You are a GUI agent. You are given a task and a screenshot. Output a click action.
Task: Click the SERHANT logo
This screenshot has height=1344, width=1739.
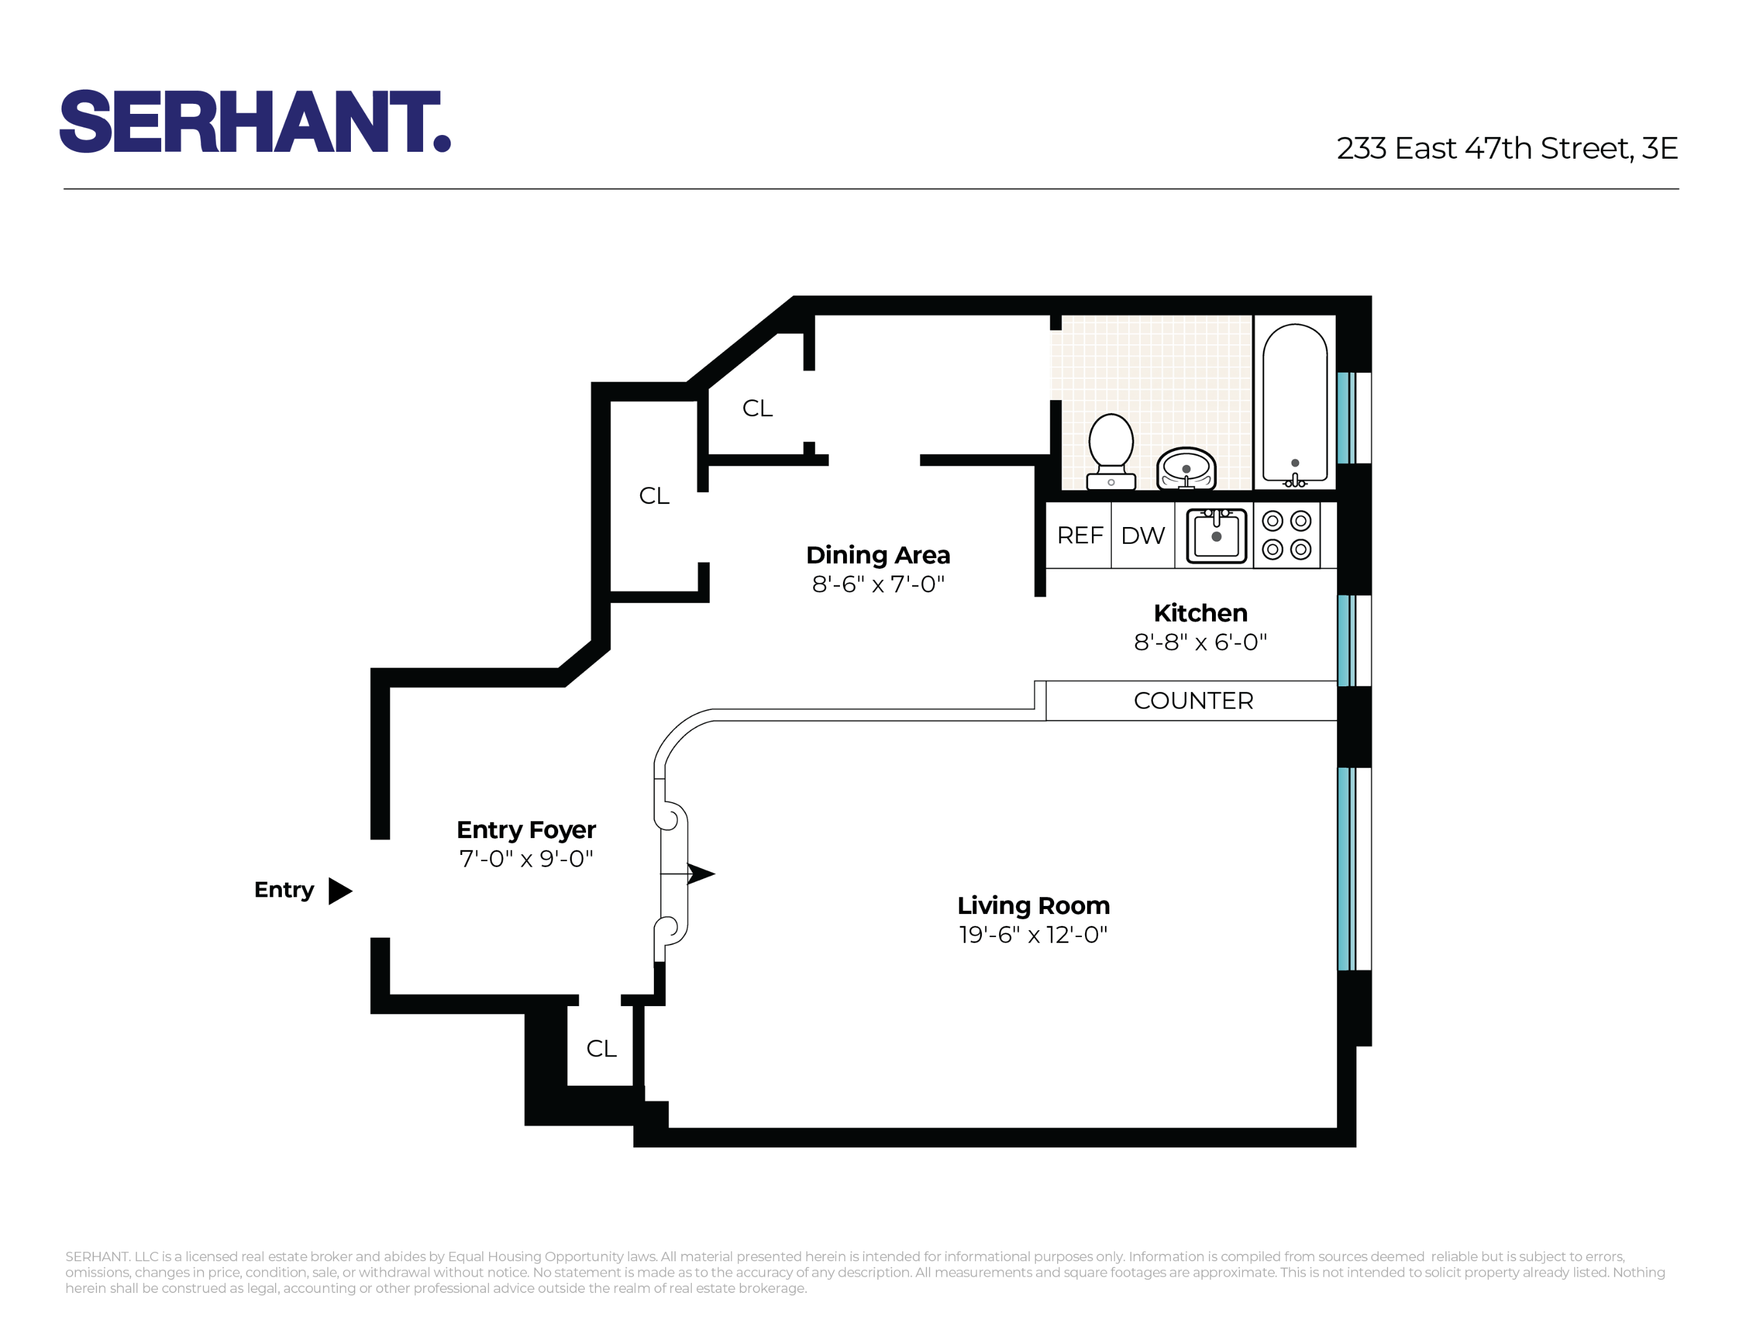point(255,121)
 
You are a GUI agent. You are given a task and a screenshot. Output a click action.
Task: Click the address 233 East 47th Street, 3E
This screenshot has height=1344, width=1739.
point(1506,149)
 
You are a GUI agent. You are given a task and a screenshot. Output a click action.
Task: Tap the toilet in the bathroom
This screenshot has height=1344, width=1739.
point(1111,450)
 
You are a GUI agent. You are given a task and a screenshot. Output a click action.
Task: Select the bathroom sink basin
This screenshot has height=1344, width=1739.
point(1186,468)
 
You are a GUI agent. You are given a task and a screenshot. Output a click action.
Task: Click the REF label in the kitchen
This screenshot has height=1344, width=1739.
point(1079,536)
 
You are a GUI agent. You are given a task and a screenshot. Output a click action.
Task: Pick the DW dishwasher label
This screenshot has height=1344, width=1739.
point(1142,536)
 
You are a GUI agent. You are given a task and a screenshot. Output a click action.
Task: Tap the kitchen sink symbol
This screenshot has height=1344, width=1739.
point(1216,536)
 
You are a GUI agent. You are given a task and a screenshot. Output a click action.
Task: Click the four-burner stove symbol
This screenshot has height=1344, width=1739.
point(1286,535)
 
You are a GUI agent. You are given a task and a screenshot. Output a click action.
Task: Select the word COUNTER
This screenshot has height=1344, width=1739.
point(1193,701)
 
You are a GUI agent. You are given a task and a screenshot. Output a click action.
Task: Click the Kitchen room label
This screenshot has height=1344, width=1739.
point(1200,613)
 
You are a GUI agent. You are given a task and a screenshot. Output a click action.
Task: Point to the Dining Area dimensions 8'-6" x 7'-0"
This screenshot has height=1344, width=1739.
point(877,584)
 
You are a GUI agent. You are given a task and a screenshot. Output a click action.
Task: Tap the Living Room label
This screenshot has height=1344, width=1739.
point(1033,905)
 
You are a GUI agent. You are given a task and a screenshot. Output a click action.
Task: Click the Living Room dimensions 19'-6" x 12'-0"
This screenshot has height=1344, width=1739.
point(1033,935)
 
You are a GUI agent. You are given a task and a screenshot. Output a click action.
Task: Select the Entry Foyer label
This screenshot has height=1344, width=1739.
point(526,829)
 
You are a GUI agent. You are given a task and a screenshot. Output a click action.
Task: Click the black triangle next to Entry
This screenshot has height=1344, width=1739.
point(339,891)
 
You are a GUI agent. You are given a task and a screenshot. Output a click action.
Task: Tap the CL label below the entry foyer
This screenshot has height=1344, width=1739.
point(601,1048)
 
